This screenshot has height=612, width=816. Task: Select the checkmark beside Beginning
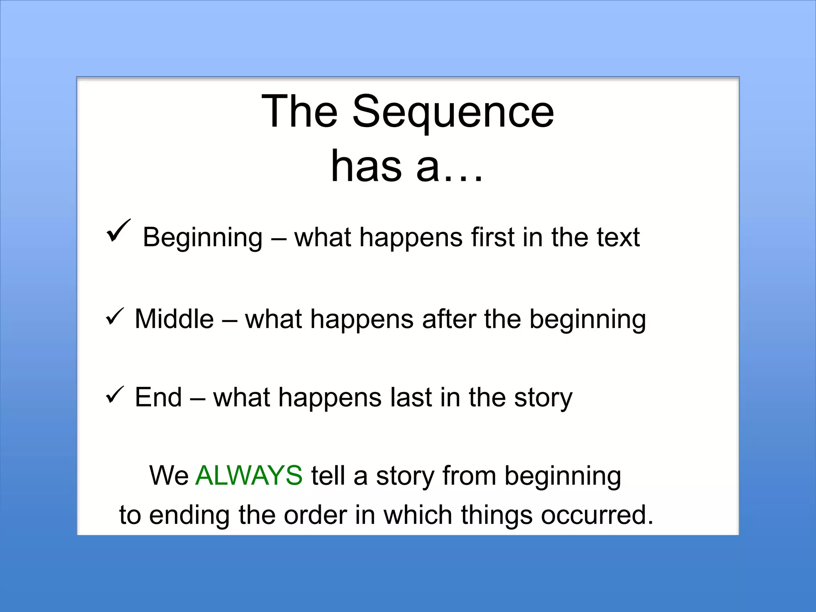[118, 231]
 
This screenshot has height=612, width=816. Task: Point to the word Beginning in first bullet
[202, 237]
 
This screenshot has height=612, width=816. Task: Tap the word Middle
[174, 319]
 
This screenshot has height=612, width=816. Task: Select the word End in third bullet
[158, 397]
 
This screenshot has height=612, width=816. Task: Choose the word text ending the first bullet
[618, 237]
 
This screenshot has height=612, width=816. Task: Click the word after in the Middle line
[449, 319]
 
